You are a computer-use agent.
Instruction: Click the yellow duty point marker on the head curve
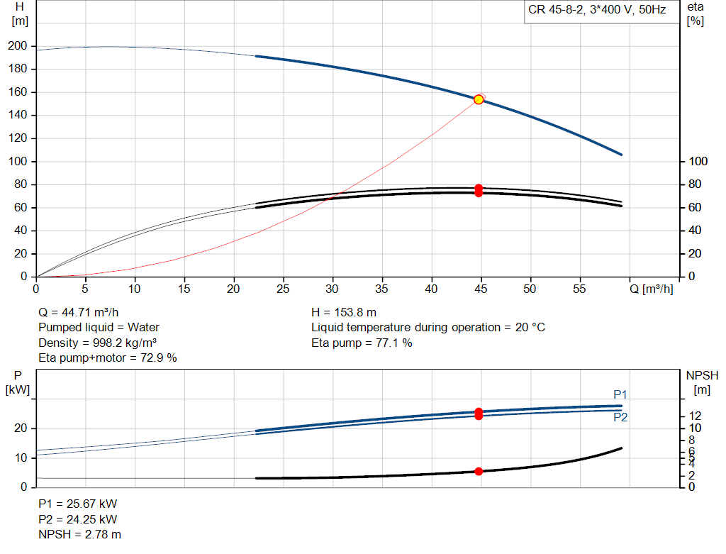pyautogui.click(x=479, y=99)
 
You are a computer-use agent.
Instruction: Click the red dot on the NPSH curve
pyautogui.click(x=479, y=472)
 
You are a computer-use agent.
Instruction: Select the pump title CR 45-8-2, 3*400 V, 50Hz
pyautogui.click(x=597, y=10)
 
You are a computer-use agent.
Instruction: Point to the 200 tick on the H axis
pyautogui.click(x=18, y=46)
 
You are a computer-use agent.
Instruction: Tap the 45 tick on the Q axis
pyautogui.click(x=481, y=289)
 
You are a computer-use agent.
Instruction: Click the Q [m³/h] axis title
pyautogui.click(x=651, y=289)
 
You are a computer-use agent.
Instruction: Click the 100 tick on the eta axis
pyautogui.click(x=698, y=161)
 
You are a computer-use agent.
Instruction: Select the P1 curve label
pyautogui.click(x=620, y=394)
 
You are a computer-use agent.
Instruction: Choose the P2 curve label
pyautogui.click(x=620, y=417)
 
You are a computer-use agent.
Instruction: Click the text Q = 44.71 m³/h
pyautogui.click(x=78, y=313)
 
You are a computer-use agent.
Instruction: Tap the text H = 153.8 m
pyautogui.click(x=344, y=313)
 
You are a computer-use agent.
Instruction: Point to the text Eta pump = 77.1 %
pyautogui.click(x=362, y=343)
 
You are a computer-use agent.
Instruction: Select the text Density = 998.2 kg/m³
pyautogui.click(x=97, y=343)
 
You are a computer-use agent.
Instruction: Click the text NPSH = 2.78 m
pyautogui.click(x=79, y=535)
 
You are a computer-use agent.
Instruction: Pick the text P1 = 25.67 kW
pyautogui.click(x=78, y=504)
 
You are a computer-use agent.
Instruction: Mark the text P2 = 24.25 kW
pyautogui.click(x=78, y=519)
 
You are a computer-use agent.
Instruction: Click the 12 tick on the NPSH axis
pyautogui.click(x=695, y=416)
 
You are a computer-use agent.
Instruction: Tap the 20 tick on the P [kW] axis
pyautogui.click(x=21, y=428)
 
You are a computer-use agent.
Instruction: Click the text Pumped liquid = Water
pyautogui.click(x=99, y=328)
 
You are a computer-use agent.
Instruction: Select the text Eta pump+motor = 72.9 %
pyautogui.click(x=108, y=358)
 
